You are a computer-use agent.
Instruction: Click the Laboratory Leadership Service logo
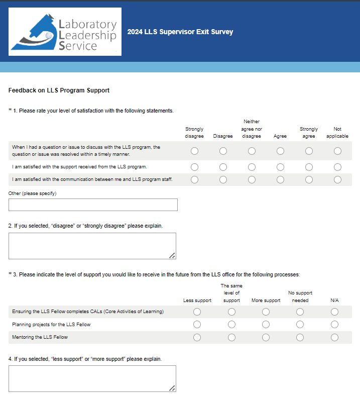click(x=65, y=32)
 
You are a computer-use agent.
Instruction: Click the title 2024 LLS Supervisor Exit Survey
click(x=180, y=32)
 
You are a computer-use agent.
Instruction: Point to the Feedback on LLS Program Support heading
click(x=59, y=90)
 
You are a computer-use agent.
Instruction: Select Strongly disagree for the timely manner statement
click(x=194, y=151)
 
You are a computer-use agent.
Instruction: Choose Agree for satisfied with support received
click(x=280, y=167)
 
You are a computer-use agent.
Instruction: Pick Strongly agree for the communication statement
click(x=309, y=179)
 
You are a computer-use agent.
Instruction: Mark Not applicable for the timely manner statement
click(x=337, y=151)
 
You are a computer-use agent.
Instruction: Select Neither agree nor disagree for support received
click(x=252, y=167)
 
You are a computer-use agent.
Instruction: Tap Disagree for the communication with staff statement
click(x=223, y=179)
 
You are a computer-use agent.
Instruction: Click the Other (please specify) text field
click(x=93, y=205)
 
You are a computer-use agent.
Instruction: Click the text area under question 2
click(x=92, y=246)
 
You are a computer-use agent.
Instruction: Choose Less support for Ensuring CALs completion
click(x=197, y=312)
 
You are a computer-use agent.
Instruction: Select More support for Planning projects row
click(x=266, y=325)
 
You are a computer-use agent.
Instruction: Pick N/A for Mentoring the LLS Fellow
click(x=334, y=337)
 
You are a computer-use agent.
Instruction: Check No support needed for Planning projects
click(x=300, y=325)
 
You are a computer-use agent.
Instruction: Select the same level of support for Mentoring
click(x=231, y=337)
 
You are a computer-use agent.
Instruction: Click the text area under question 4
click(x=92, y=378)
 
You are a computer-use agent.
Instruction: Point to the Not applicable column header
click(x=337, y=133)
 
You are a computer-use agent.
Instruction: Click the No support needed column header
click(x=300, y=296)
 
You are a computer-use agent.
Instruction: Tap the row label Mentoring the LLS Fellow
click(x=40, y=337)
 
